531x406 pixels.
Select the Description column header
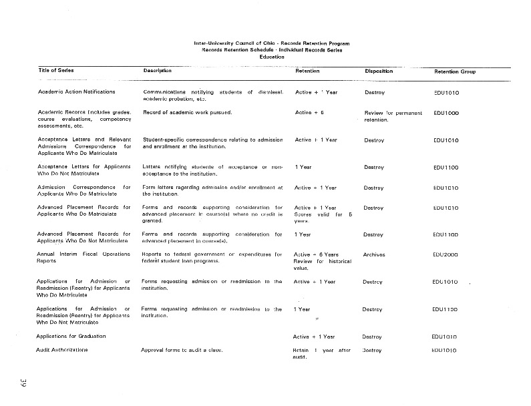(x=158, y=70)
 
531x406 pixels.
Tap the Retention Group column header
(x=455, y=71)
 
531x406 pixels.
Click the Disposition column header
(x=379, y=70)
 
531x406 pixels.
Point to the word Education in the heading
(x=272, y=57)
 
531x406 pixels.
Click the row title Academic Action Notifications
(x=77, y=91)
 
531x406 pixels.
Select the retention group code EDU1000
(x=446, y=113)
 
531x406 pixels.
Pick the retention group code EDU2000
(x=446, y=254)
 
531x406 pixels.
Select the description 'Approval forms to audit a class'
(x=181, y=350)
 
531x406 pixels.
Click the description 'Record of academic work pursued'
(x=187, y=112)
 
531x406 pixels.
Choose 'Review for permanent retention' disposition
(x=392, y=116)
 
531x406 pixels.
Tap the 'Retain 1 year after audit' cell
(x=321, y=353)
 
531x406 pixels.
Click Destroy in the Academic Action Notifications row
(x=375, y=91)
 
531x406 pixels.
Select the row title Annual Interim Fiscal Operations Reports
(x=83, y=258)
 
